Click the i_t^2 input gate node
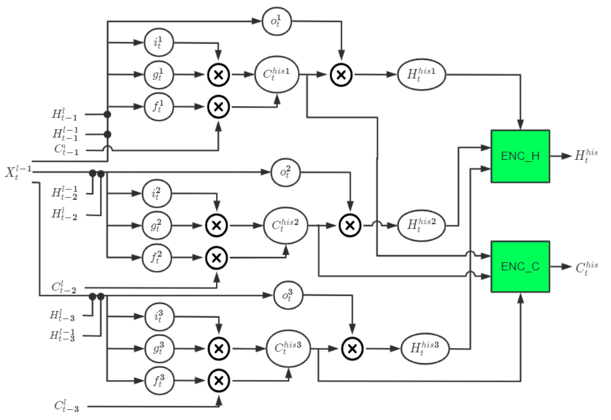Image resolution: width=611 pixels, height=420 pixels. click(x=157, y=194)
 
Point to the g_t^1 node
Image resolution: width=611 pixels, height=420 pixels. click(x=159, y=75)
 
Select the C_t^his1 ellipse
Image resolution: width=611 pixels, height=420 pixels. click(x=276, y=75)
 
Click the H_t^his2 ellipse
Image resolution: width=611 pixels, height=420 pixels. click(x=421, y=226)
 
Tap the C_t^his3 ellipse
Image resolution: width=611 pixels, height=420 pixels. click(x=288, y=349)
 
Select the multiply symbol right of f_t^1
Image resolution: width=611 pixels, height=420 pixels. click(x=218, y=107)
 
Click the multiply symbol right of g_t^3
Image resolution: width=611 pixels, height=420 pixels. click(x=219, y=349)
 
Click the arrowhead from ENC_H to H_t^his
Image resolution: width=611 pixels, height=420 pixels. click(x=565, y=156)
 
